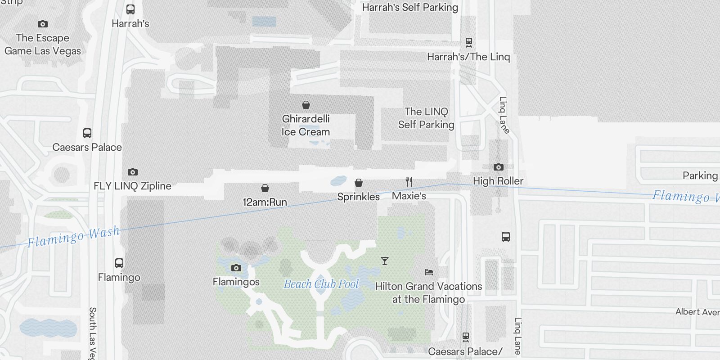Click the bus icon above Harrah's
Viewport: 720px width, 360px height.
point(130,9)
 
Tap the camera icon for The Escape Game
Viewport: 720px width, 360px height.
point(43,24)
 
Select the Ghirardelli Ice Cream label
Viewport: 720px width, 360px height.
point(306,126)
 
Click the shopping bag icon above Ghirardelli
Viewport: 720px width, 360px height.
point(306,105)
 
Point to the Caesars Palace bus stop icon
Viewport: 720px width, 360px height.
point(87,133)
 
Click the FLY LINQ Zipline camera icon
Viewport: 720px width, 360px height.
point(132,172)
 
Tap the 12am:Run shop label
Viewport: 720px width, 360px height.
point(265,202)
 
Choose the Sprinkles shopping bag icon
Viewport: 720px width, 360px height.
point(359,183)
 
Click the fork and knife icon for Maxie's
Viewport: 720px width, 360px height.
point(409,182)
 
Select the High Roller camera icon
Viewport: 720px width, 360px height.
point(498,167)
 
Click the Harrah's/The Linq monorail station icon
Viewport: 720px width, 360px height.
point(468,43)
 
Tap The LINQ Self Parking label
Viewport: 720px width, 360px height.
point(426,118)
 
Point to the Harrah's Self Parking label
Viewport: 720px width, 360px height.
point(409,7)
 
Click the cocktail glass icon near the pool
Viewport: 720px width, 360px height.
point(384,261)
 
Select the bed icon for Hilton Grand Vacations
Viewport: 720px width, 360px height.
point(428,272)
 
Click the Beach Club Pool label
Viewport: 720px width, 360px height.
point(321,284)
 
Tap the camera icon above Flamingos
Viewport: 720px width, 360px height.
point(236,268)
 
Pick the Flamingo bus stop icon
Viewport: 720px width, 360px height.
point(119,263)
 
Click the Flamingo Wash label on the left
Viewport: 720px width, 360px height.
point(73,237)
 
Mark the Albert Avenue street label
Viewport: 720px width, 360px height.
point(697,312)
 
